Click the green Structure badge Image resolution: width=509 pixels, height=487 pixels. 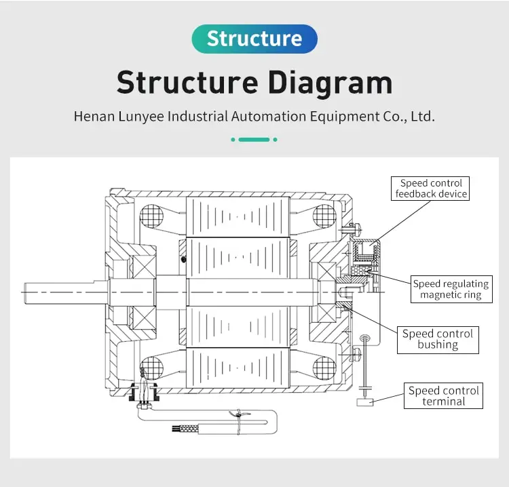point(254,39)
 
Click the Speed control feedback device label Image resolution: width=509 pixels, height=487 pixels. point(432,189)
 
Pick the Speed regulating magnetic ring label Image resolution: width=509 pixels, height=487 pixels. point(451,290)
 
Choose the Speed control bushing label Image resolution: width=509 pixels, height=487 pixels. point(438,339)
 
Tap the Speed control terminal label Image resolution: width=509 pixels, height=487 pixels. point(444,396)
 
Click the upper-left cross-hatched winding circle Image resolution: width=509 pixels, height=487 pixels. point(152,218)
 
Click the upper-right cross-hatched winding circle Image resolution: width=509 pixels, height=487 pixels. point(324,217)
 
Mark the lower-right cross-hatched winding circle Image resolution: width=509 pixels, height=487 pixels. point(324,368)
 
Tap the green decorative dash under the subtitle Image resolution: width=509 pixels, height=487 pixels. point(254,140)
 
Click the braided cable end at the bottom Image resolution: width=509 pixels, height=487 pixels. point(183,429)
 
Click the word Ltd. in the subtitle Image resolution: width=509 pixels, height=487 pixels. point(422,116)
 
